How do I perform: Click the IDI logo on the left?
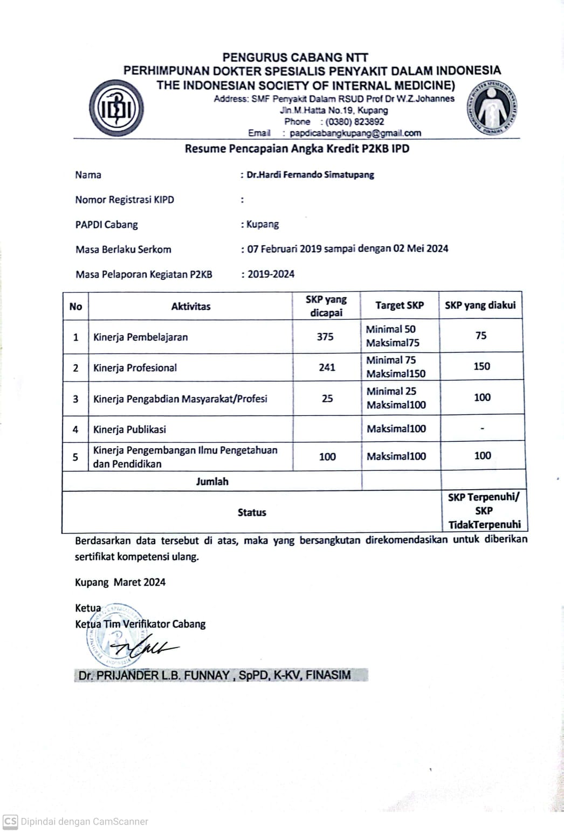point(116,108)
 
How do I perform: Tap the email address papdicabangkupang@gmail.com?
point(355,133)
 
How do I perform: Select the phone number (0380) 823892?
point(354,122)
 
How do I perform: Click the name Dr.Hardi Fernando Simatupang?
point(310,175)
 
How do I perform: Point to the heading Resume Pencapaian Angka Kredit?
point(297,149)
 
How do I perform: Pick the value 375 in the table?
point(325,336)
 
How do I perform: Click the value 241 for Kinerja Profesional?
point(327,367)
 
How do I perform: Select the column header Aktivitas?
point(191,306)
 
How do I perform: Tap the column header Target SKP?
point(400,306)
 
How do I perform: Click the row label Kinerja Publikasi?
point(129,429)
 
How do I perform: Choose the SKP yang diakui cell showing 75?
point(481,335)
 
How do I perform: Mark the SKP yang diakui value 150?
point(482,366)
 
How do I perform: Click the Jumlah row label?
point(212,481)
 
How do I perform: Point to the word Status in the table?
point(252,512)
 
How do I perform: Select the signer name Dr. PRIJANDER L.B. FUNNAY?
point(214,675)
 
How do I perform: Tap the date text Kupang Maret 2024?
point(120,582)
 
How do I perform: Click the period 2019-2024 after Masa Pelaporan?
point(271,274)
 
